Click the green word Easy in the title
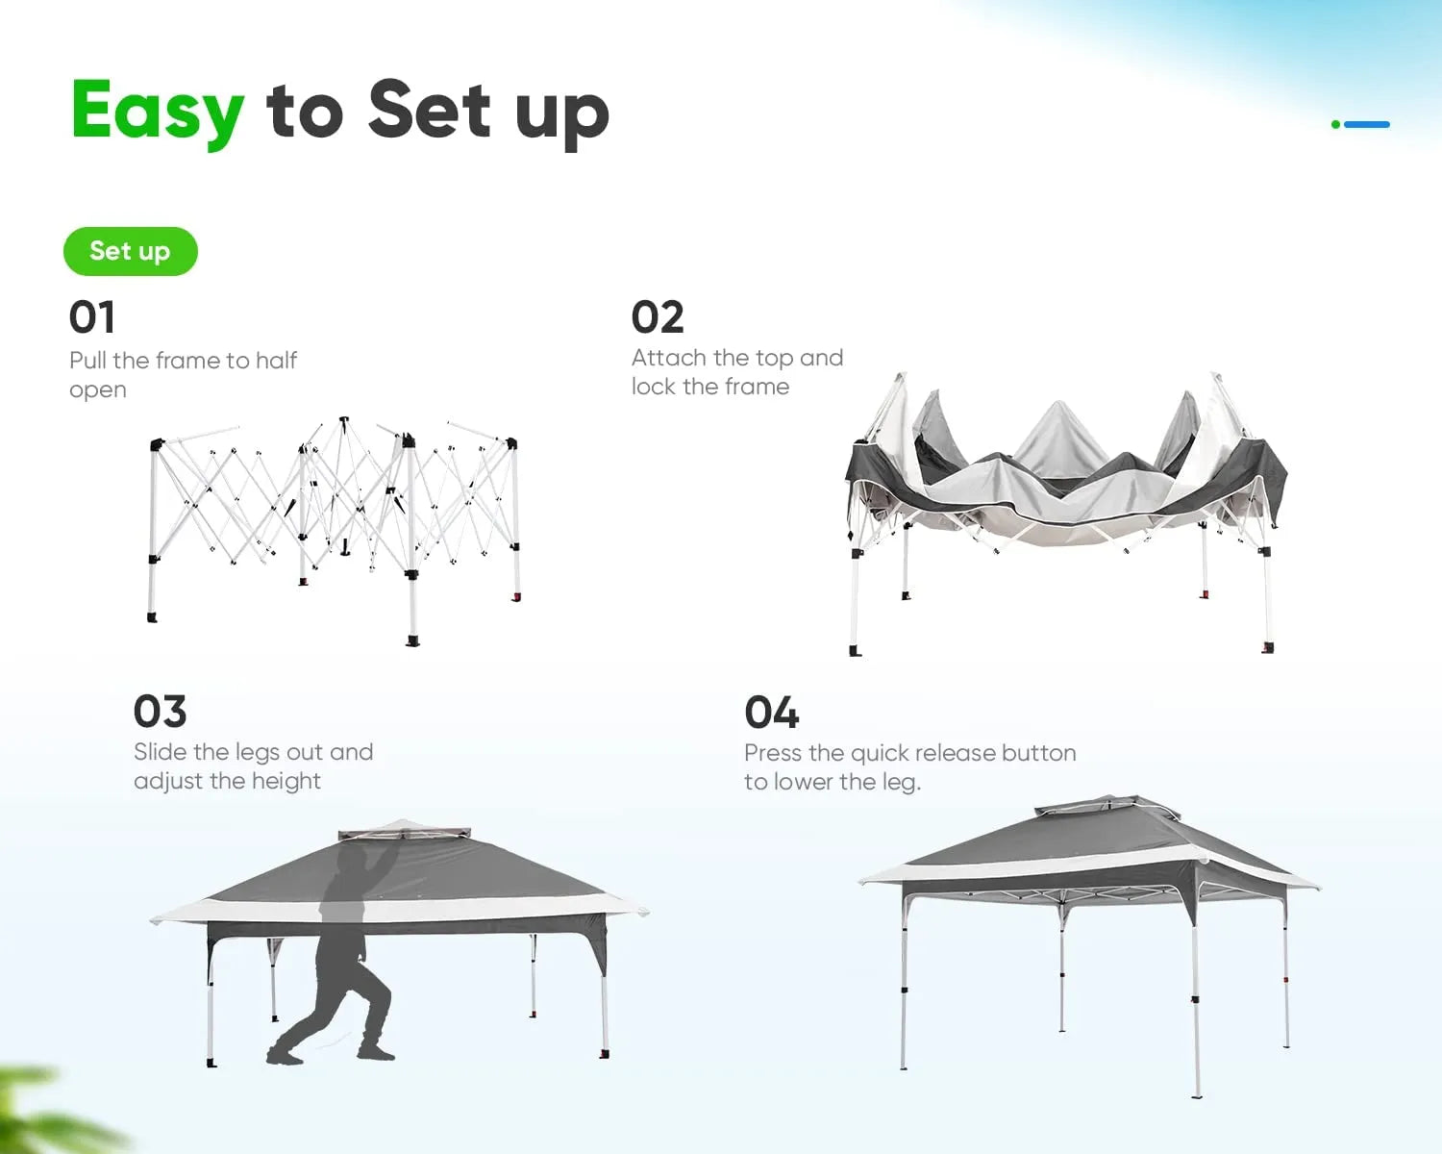158,112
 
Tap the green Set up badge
131,251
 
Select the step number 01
91,317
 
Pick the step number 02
658,317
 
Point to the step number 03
160,712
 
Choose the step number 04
771,713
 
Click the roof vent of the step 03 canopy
405,830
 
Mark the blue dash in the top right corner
1367,124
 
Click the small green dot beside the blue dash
1335,124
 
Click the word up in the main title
561,113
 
